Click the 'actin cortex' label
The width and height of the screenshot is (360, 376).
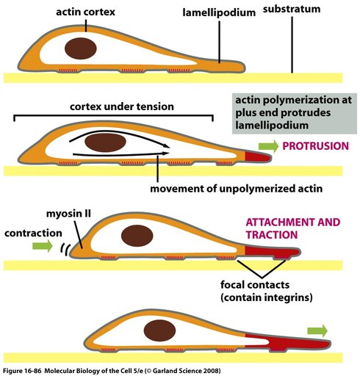[x=85, y=12]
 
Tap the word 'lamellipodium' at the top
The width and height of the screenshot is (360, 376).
[x=219, y=12]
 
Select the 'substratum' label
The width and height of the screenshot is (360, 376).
[x=292, y=9]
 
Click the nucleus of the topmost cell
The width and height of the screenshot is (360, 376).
[x=81, y=48]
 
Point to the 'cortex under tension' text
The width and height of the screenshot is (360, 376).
[x=122, y=106]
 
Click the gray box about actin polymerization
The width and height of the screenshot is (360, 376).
[x=295, y=113]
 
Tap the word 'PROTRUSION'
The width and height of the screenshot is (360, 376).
[x=316, y=146]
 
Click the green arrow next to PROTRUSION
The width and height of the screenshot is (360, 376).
[x=268, y=146]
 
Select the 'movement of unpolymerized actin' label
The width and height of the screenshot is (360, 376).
[x=236, y=189]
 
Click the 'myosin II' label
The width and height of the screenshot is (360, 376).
[x=68, y=214]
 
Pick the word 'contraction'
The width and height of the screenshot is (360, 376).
[x=33, y=233]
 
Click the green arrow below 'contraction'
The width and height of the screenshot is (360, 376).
[x=43, y=245]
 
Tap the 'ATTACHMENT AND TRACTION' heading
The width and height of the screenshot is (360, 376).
[x=293, y=228]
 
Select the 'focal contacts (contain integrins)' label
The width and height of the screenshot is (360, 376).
[x=267, y=291]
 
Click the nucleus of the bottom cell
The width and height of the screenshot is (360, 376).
[x=159, y=330]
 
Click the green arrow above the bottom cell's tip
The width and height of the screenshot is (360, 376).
[x=317, y=331]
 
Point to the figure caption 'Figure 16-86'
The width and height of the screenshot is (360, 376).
[x=21, y=371]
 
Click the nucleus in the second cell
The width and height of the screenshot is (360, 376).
[x=105, y=142]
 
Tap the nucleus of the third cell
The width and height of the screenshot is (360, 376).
[x=137, y=236]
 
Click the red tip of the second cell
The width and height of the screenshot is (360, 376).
[x=258, y=156]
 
